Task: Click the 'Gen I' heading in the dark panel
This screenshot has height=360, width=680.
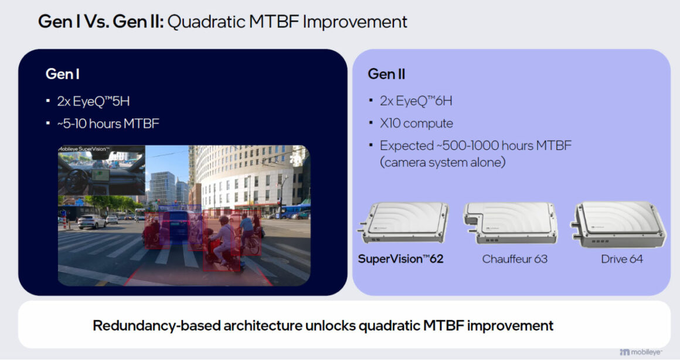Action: click(63, 74)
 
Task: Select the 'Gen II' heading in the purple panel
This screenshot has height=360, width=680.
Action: click(386, 74)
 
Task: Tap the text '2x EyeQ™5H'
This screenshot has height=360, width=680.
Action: click(93, 101)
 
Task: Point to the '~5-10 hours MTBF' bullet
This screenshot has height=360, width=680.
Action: click(108, 124)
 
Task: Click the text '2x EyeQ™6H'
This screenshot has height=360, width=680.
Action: click(416, 101)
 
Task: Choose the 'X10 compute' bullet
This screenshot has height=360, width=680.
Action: click(416, 124)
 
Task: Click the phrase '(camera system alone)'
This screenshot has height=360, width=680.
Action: click(443, 162)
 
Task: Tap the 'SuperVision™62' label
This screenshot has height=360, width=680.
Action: click(401, 259)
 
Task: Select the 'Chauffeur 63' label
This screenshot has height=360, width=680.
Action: click(515, 259)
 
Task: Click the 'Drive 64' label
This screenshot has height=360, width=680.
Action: click(622, 259)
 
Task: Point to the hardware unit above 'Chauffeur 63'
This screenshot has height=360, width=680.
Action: click(511, 223)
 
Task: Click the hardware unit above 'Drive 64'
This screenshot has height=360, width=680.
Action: click(619, 224)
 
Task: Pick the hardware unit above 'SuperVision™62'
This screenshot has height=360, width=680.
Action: click(403, 222)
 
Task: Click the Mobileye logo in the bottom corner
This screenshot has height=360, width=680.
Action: click(641, 352)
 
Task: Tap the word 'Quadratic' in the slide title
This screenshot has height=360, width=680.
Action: click(206, 22)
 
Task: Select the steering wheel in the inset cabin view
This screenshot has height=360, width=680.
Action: click(78, 178)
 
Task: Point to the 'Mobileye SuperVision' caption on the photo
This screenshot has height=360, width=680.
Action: click(84, 149)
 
